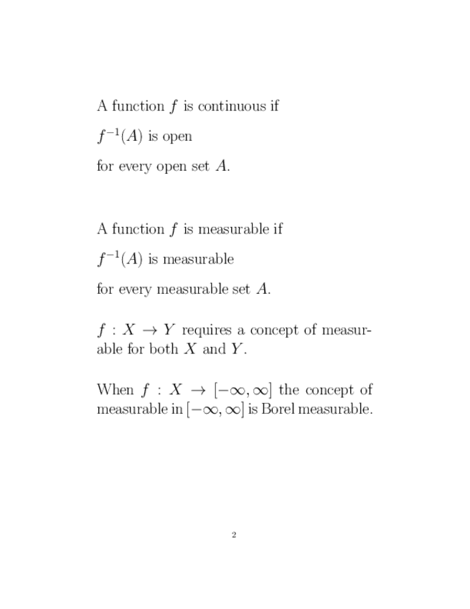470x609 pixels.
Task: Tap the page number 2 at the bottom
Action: pyautogui.click(x=235, y=535)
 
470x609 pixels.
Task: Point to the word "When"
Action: pyautogui.click(x=115, y=390)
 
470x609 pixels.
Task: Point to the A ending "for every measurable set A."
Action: pyautogui.click(x=263, y=289)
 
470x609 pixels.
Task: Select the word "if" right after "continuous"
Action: pyautogui.click(x=274, y=106)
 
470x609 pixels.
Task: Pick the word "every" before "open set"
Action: pyautogui.click(x=136, y=167)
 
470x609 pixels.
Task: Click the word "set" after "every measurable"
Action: pyautogui.click(x=241, y=289)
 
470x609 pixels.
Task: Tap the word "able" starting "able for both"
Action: pyautogui.click(x=110, y=350)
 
